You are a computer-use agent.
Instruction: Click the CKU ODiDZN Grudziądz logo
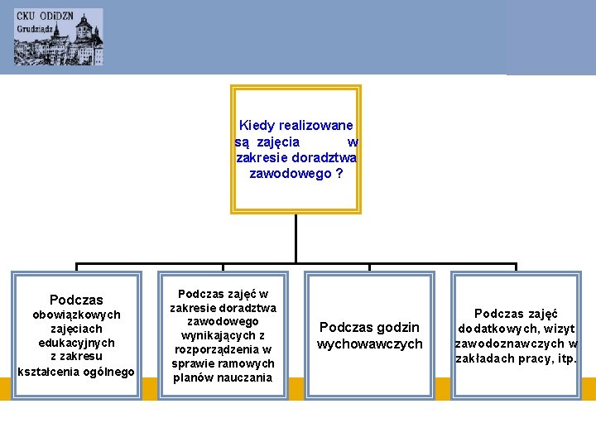point(58,37)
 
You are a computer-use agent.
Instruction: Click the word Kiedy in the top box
point(257,126)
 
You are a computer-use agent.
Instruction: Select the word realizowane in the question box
point(316,126)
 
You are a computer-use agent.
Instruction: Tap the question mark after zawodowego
point(339,174)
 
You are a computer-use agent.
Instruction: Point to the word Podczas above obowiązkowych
point(76,300)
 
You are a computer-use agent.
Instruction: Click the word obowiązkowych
point(76,315)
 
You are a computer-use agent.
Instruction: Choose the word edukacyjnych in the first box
point(76,343)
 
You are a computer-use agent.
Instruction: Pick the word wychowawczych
point(369,344)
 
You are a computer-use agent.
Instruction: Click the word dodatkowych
point(497,329)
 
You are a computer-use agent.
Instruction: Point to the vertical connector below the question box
point(296,240)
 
